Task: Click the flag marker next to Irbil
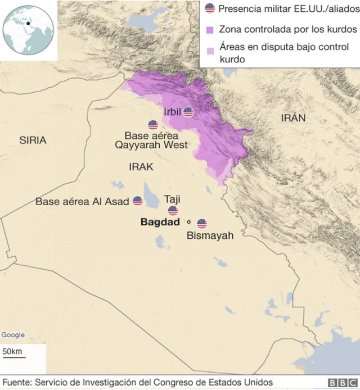(x=188, y=112)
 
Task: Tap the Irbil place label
(x=172, y=112)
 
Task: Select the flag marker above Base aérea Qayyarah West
(x=153, y=125)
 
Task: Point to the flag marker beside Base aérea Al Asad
(x=138, y=201)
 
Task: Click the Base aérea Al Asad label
(x=82, y=201)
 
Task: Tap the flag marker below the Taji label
(x=173, y=211)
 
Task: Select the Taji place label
(x=172, y=199)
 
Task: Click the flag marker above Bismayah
(x=202, y=224)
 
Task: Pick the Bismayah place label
(x=210, y=235)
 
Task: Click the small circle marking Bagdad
(x=189, y=222)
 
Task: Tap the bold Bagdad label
(x=160, y=223)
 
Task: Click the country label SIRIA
(x=33, y=140)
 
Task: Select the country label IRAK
(x=141, y=167)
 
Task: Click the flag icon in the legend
(x=210, y=8)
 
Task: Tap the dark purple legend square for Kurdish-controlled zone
(x=210, y=29)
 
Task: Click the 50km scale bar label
(x=12, y=352)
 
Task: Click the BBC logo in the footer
(x=340, y=383)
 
